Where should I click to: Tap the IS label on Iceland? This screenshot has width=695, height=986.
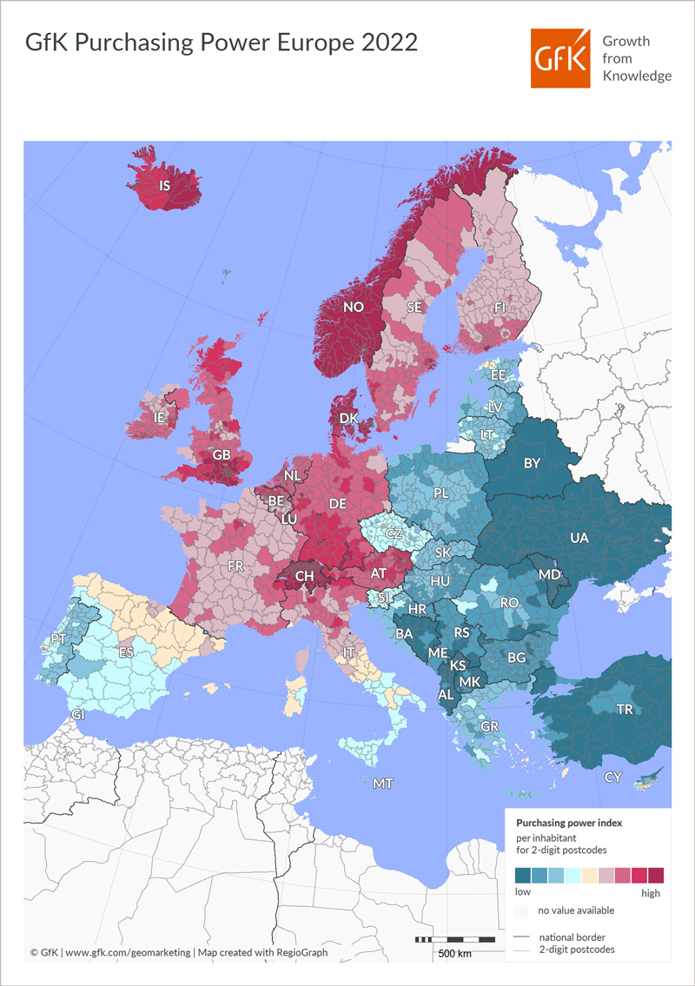click(164, 185)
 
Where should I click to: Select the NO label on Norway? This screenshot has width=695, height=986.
click(354, 307)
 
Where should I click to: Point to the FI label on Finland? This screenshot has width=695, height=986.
click(500, 307)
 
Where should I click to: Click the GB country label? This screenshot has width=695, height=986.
click(222, 454)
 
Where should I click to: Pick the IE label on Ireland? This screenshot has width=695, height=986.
click(159, 418)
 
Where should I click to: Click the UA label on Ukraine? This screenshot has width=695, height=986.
click(579, 538)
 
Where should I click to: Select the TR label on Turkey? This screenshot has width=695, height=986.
click(624, 710)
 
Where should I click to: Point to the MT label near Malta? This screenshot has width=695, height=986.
click(383, 784)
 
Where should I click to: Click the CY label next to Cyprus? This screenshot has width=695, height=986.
click(613, 778)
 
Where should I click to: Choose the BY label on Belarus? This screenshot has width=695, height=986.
click(532, 463)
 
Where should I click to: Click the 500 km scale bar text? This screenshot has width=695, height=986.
click(454, 954)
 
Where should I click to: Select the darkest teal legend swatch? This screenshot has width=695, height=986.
click(523, 875)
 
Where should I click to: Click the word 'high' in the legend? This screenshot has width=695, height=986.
click(651, 892)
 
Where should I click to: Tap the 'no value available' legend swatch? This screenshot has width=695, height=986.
click(521, 911)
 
